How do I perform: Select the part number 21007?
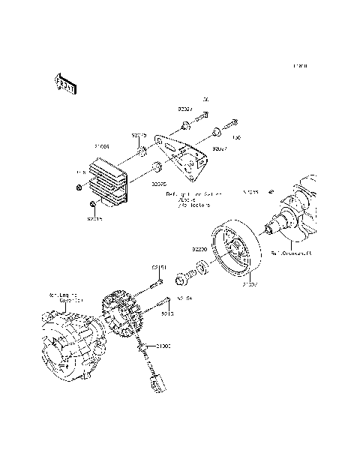(250, 285)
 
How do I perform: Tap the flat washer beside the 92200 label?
(202, 266)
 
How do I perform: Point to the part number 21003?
(163, 347)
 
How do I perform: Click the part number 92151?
(159, 266)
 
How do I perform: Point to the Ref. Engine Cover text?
(66, 298)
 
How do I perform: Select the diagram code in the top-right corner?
(300, 67)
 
